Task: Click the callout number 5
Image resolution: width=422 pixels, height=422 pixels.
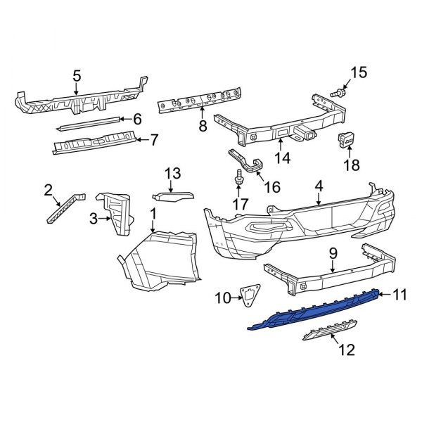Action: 77,74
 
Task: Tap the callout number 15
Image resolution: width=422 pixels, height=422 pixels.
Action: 359,72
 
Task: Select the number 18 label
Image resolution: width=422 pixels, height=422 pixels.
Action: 350,165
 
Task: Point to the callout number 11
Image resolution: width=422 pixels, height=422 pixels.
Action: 399,295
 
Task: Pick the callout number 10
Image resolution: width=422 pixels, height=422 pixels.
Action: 222,298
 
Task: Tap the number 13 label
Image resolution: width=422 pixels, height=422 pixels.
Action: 173,174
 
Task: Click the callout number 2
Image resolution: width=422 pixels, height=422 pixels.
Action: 48,188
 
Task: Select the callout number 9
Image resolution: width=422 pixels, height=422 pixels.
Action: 333,252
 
